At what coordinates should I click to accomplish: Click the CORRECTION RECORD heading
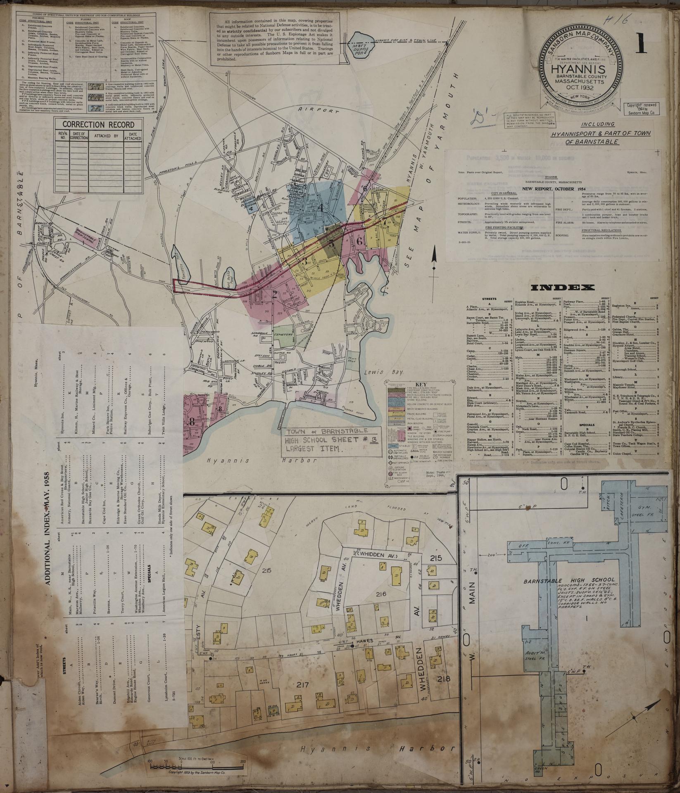[x=98, y=124]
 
